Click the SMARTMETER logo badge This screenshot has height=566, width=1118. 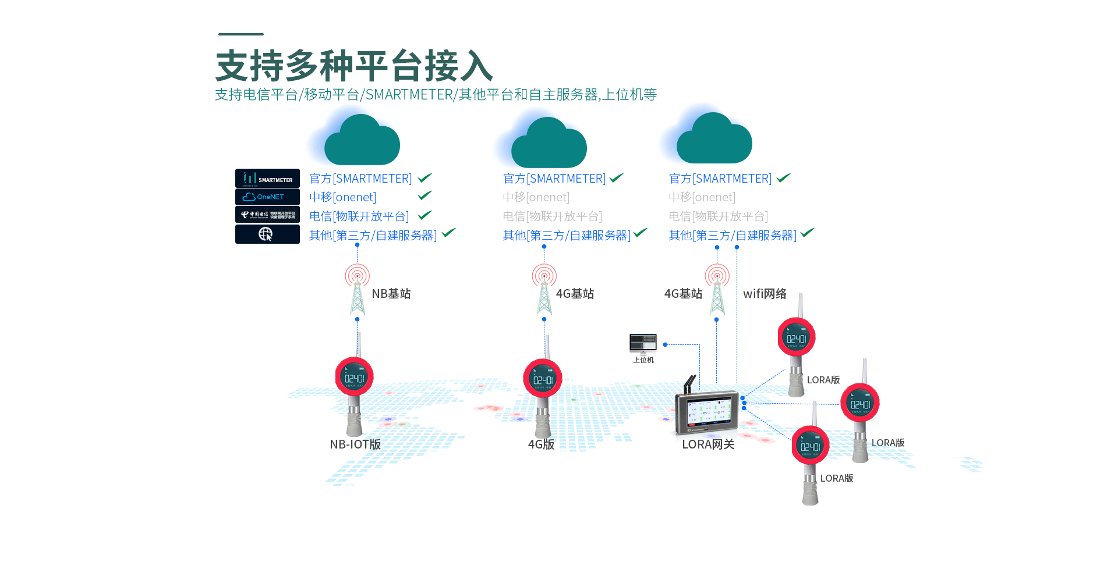point(267,178)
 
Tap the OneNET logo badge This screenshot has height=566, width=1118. point(267,197)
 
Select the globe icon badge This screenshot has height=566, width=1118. point(267,234)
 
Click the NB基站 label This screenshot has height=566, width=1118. point(391,294)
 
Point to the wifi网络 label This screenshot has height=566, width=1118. point(765,294)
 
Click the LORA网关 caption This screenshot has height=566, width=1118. point(708,444)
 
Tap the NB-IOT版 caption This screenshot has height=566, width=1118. point(355,444)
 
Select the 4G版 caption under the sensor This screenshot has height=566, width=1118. point(541,444)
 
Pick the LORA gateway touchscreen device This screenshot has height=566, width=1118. point(706,412)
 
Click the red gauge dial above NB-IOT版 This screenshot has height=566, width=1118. point(354,377)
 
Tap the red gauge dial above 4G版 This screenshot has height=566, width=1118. point(543,379)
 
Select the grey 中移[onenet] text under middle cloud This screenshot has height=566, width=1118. point(536,197)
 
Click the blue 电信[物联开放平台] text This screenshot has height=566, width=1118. point(359,216)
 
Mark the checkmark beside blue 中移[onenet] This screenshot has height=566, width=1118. point(425,195)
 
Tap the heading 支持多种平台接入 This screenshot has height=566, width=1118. point(354,66)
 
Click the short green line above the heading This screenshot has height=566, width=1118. point(241,34)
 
